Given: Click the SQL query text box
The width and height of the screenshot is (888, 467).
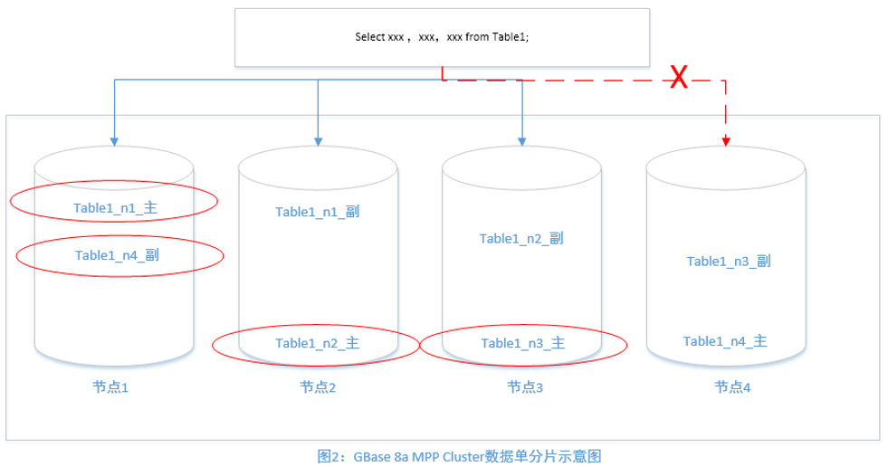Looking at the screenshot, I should point(442,37).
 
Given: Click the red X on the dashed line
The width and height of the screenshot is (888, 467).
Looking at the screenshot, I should point(678,79).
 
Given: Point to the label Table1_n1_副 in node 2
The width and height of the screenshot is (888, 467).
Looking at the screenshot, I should point(318,212).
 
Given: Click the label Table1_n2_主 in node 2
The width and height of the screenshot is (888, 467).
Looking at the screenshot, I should point(318,343).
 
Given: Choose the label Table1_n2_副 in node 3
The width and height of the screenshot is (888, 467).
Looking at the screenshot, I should point(521,239).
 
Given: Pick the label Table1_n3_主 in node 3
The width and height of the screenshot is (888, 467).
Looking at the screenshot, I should point(523,343).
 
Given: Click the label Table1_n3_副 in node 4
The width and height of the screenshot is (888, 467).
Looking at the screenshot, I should point(728,262).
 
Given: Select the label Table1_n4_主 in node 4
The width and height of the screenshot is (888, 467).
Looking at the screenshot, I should point(725,341).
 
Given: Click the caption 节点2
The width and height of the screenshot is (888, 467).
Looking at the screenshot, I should point(318,387).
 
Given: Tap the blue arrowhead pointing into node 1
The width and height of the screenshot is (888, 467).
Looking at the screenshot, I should point(114,141).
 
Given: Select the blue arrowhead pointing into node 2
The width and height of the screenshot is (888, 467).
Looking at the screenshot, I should point(319,141).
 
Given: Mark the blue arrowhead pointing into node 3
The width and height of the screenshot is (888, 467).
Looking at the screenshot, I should point(522,141).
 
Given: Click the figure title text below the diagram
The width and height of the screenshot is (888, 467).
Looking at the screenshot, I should point(460,456).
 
